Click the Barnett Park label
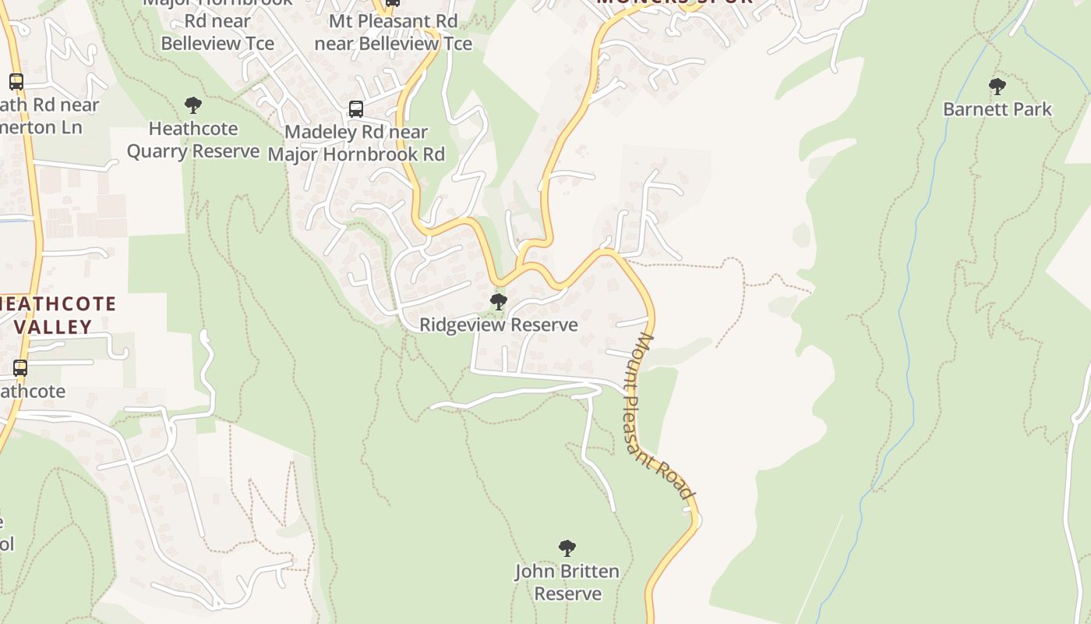997,109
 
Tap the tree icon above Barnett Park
997,86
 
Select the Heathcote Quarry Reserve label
192,140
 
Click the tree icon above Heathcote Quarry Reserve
192,105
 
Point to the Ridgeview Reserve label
499,324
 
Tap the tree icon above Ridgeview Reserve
499,301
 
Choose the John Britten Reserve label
567,582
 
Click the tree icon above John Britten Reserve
567,548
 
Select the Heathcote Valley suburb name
58,315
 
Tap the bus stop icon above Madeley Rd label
356,109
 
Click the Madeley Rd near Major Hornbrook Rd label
356,143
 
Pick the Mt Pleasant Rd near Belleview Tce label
393,32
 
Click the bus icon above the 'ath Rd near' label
16,81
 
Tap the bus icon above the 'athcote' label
19,367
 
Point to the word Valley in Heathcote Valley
52,327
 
